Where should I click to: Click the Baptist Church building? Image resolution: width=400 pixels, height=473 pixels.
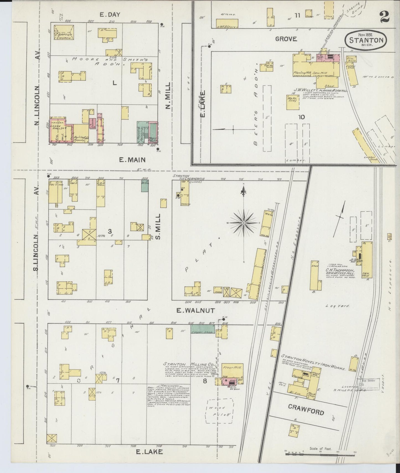(x=64, y=32)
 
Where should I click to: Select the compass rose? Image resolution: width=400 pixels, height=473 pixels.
(x=244, y=223)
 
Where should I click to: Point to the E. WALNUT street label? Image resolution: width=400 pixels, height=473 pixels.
(x=195, y=311)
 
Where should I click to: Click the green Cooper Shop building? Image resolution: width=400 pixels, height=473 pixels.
(x=203, y=329)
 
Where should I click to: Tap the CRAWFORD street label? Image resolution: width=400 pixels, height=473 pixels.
(x=306, y=409)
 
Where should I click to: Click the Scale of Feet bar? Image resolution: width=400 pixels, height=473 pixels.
(x=320, y=453)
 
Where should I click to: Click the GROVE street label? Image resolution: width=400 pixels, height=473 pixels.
(x=286, y=39)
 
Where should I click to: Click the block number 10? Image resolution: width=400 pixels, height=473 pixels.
(x=301, y=117)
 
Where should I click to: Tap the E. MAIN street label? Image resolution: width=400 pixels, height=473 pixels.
(x=132, y=160)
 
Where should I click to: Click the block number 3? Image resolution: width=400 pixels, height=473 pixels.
(x=110, y=231)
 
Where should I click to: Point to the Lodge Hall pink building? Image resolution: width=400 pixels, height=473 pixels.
(x=58, y=130)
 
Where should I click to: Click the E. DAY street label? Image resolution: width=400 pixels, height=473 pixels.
(x=110, y=15)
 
